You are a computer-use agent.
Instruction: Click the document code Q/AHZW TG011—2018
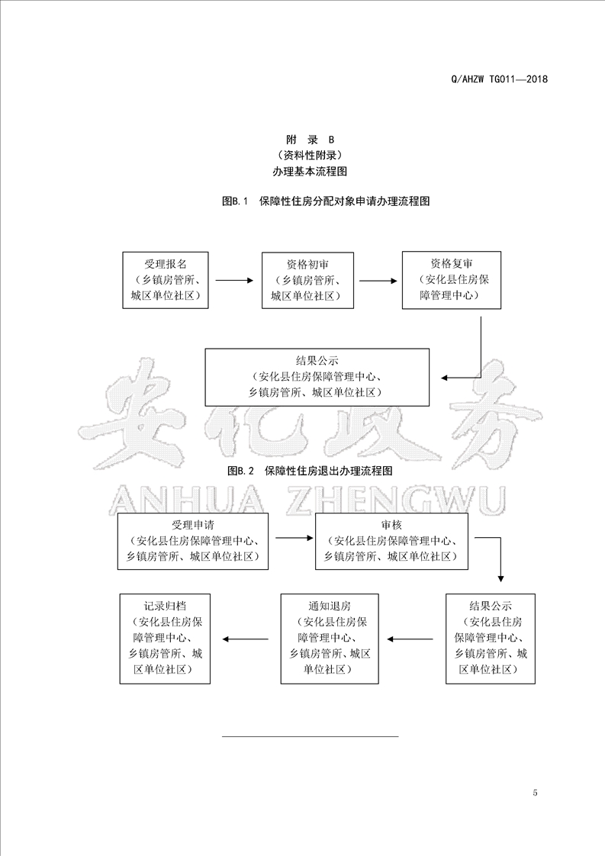(499, 79)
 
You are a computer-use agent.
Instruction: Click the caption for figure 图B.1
(326, 201)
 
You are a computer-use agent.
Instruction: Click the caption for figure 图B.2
(310, 471)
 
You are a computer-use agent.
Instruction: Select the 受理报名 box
(166, 280)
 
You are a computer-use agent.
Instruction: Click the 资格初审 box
(308, 280)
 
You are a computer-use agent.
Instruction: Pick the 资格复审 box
(452, 280)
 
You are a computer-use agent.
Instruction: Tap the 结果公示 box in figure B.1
(317, 377)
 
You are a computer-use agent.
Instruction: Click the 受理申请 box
(193, 541)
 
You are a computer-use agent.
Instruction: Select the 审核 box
(391, 541)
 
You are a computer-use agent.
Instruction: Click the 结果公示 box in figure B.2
(491, 639)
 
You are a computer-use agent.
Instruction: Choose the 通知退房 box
(330, 639)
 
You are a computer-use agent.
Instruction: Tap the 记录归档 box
(165, 639)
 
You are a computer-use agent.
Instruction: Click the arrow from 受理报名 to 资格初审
(235, 281)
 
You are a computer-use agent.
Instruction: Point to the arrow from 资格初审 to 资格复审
(378, 282)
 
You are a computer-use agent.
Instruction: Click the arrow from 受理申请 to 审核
(294, 539)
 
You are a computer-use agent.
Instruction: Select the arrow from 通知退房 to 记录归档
(245, 639)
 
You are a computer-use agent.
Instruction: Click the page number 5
(535, 793)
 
